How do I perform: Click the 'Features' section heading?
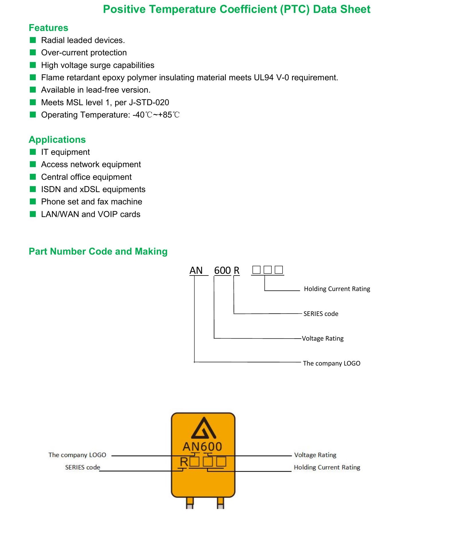(x=48, y=28)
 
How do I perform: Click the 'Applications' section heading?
(x=57, y=140)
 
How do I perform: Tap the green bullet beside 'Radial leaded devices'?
(x=33, y=40)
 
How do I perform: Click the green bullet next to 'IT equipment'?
(x=33, y=152)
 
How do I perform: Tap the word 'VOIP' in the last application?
(x=108, y=214)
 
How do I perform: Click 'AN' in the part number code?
(x=196, y=270)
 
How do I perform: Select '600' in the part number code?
(x=222, y=270)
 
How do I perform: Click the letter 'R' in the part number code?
(x=236, y=270)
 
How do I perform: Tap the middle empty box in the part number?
(x=268, y=270)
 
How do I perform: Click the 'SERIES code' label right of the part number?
(x=321, y=314)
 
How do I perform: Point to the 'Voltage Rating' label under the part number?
(x=323, y=339)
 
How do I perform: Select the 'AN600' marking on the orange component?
(x=202, y=446)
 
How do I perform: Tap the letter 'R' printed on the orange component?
(x=184, y=462)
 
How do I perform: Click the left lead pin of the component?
(x=190, y=503)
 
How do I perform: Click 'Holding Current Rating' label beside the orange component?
(x=327, y=467)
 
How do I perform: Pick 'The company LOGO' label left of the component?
(x=77, y=455)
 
